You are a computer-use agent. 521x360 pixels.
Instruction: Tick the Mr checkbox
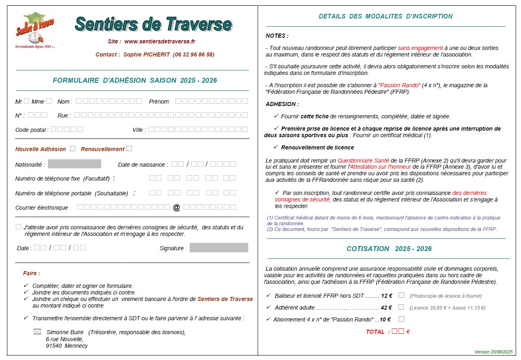(x=27, y=101)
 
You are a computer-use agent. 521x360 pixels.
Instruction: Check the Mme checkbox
(x=49, y=101)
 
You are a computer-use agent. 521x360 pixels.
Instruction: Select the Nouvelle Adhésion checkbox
(x=72, y=149)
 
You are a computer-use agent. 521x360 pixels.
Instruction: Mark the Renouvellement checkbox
(x=129, y=149)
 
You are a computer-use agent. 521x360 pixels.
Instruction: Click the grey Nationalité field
(x=75, y=164)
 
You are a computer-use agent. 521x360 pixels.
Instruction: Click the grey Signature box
(x=219, y=248)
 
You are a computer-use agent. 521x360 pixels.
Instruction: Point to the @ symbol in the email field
(x=177, y=208)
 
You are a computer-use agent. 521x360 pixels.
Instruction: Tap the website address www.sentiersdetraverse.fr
(x=160, y=41)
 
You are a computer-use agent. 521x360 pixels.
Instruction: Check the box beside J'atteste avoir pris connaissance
(x=18, y=227)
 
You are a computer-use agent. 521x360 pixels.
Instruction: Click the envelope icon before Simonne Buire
(x=37, y=332)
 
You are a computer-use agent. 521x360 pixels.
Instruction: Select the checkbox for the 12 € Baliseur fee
(x=401, y=295)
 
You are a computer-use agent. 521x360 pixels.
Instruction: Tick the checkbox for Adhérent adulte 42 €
(x=401, y=307)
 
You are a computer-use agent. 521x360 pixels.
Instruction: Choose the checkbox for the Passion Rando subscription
(x=401, y=319)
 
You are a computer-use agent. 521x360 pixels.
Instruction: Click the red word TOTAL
(x=375, y=332)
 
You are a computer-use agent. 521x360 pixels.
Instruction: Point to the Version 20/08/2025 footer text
(x=493, y=352)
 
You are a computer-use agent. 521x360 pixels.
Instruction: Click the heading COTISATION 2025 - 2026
(x=389, y=249)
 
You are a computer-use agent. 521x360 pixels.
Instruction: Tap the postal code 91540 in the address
(x=54, y=346)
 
